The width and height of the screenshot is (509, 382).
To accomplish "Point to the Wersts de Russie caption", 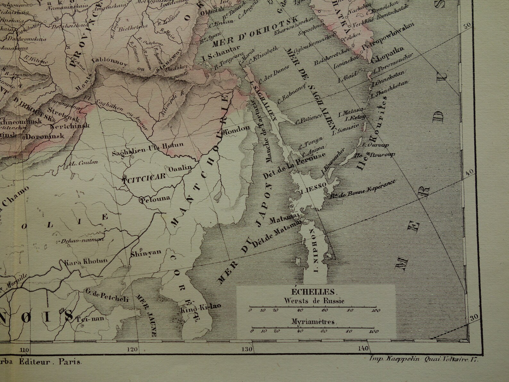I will (314, 301).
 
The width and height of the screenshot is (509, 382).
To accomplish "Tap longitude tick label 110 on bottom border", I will (24, 350).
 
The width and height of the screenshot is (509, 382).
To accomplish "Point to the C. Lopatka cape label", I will (386, 58).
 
